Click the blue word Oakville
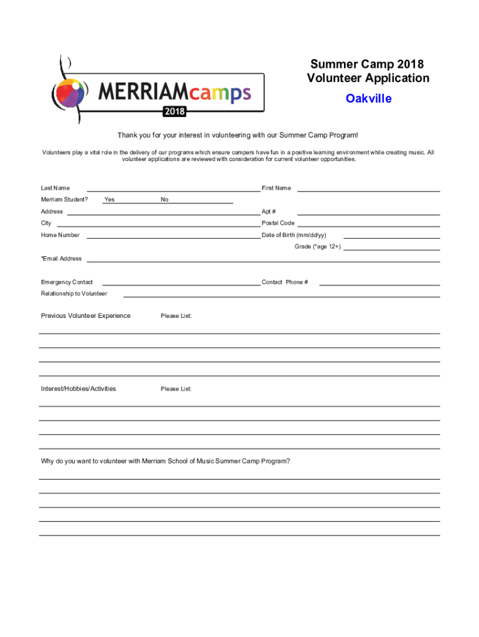pos(369,98)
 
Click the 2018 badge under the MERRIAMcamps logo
pos(174,112)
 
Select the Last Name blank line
pos(173,189)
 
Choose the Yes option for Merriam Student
pos(109,200)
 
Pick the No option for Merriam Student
pos(164,200)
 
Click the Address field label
pos(52,212)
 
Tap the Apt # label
pos(269,212)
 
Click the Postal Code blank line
pos(369,225)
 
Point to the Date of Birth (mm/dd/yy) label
pos(294,235)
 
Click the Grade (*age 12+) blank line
pos(392,248)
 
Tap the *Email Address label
pos(61,259)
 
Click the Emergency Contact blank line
pos(181,284)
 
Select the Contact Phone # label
pos(285,282)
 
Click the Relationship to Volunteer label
pos(74,294)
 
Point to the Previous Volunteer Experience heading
pos(86,315)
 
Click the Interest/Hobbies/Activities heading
pos(78,389)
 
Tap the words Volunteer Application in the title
pos(368,78)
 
